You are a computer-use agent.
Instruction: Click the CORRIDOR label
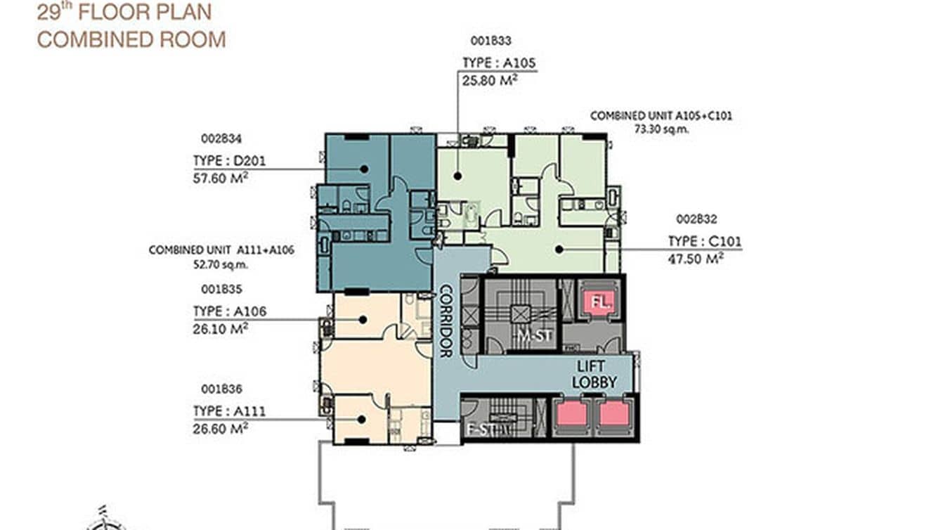click(446, 321)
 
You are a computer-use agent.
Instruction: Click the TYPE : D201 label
click(230, 160)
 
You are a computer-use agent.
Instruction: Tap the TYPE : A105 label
click(499, 63)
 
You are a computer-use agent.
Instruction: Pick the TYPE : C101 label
click(705, 242)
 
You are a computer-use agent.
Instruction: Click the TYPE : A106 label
click(230, 311)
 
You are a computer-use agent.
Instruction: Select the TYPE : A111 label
click(229, 411)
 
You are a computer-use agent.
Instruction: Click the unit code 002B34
click(216, 138)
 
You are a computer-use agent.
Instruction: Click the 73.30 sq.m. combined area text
click(659, 129)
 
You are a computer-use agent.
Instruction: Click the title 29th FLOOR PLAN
click(124, 12)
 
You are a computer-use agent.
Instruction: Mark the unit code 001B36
click(216, 389)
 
